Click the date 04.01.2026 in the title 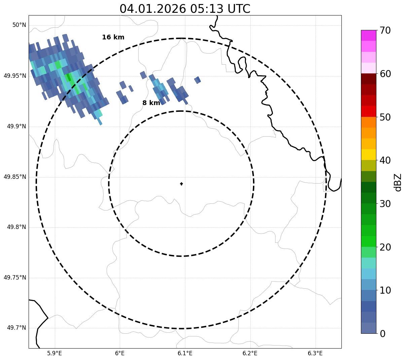coord(152,9)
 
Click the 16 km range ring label coord(113,37)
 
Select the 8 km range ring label coord(151,103)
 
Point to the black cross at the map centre coord(181,184)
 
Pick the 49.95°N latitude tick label coord(15,76)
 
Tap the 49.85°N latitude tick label coord(15,177)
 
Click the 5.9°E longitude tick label coord(54,353)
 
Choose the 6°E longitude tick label coord(120,353)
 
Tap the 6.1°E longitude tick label coord(185,353)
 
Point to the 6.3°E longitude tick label coord(315,353)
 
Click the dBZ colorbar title coord(398,182)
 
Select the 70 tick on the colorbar coord(385,31)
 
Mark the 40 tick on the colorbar coord(385,161)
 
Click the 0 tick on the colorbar coord(383,334)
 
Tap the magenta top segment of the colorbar coord(368,35)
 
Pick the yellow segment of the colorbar coord(368,155)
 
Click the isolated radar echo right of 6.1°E coord(197,80)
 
